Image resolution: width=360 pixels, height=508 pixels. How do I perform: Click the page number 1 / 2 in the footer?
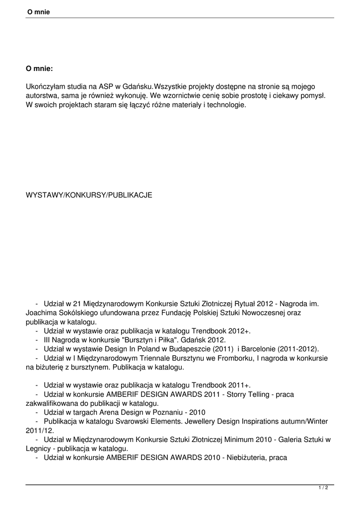tap(323, 488)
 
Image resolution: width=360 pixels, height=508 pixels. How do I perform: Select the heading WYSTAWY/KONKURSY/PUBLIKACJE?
tap(89, 195)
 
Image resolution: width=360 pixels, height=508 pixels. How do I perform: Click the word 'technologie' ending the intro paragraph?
tap(226, 105)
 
